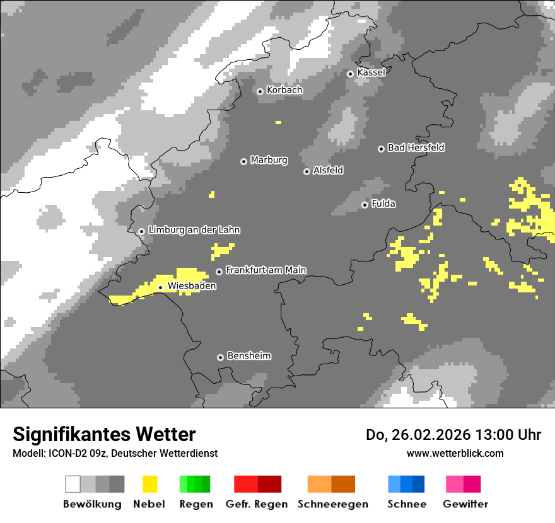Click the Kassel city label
[371, 72]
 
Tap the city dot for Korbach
[260, 91]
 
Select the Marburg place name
[269, 160]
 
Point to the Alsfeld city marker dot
[307, 171]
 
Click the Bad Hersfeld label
[416, 147]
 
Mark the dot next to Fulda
[365, 205]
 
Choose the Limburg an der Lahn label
[194, 230]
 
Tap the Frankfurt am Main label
[266, 270]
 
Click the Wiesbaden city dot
[161, 287]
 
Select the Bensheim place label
[248, 356]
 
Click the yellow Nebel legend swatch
[149, 484]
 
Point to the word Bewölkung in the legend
[92, 504]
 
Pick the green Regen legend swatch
[195, 484]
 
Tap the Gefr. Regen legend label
[257, 504]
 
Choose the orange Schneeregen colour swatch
[331, 484]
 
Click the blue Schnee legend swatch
[406, 484]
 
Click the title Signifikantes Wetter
[104, 435]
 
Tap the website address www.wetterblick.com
[455, 453]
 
